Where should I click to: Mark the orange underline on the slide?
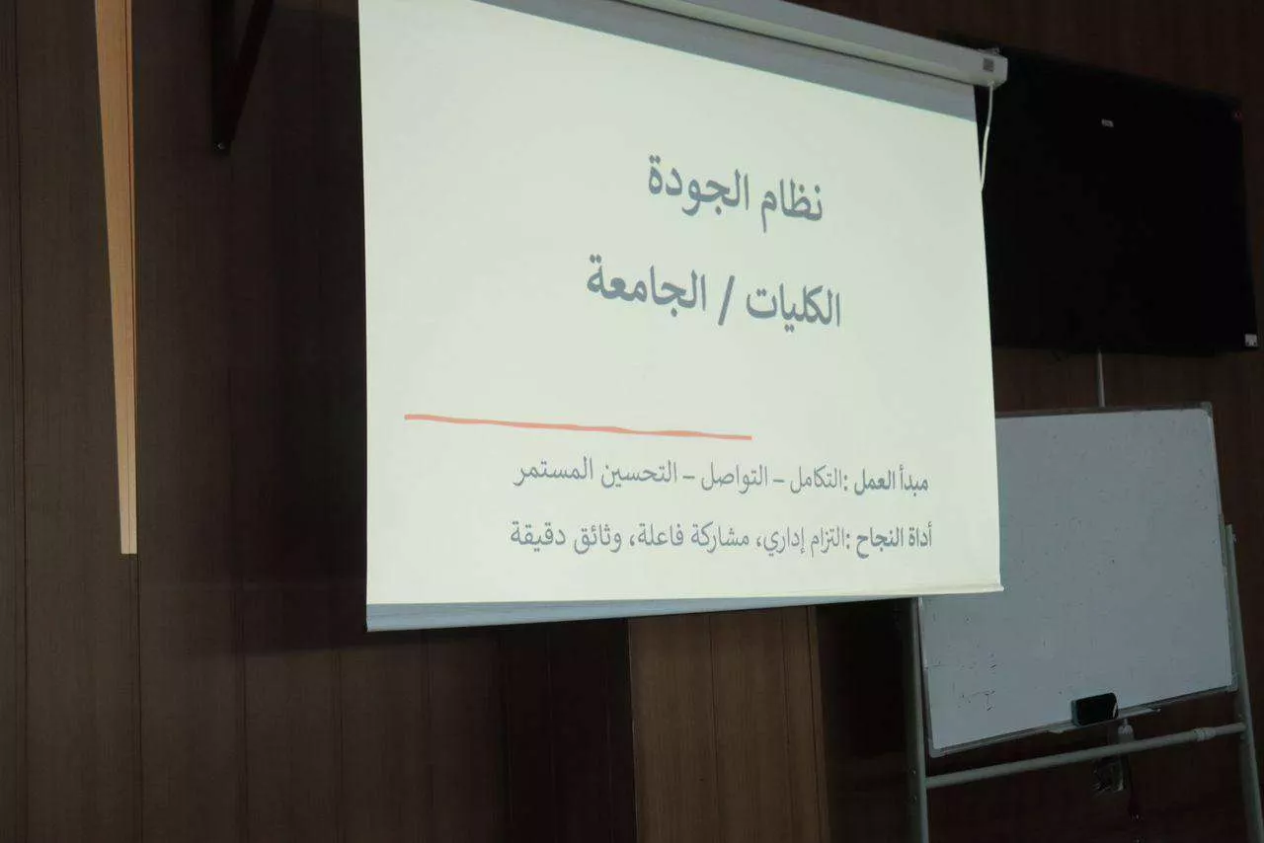pyautogui.click(x=578, y=426)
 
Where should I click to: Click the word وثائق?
pyautogui.click(x=599, y=538)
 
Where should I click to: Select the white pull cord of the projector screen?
pyautogui.click(x=987, y=136)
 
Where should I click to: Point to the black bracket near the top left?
pyautogui.click(x=238, y=73)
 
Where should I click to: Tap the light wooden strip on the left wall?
pyautogui.click(x=118, y=276)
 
